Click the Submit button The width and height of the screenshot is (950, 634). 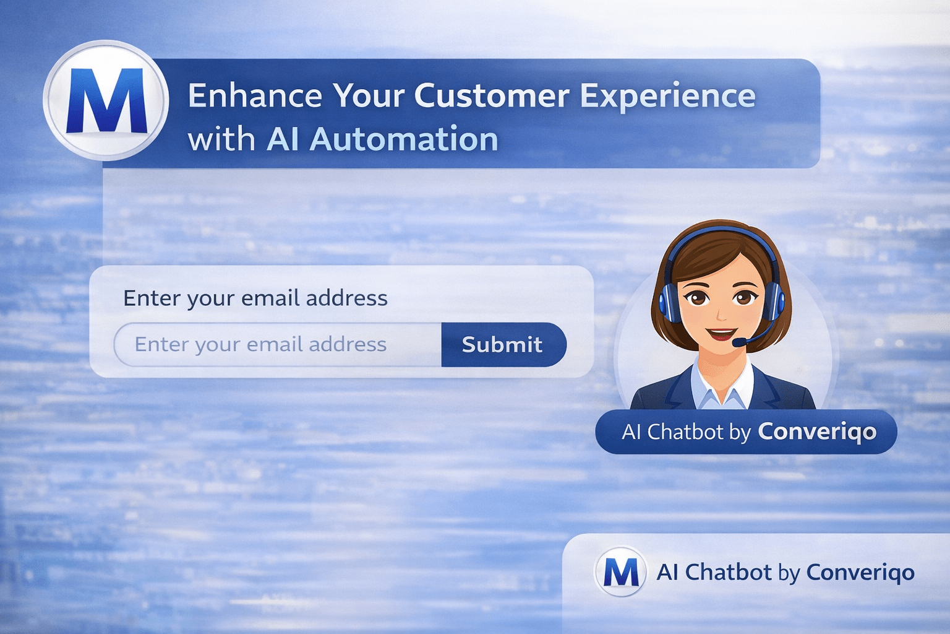coord(503,344)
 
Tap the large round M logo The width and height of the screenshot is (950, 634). coord(106,100)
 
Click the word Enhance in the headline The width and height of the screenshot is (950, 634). coord(255,96)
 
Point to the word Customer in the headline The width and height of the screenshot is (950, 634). coord(491,96)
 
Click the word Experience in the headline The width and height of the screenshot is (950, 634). coord(667,96)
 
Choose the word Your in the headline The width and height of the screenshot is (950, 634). coord(369,96)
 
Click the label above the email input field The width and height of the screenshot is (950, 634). coord(255,298)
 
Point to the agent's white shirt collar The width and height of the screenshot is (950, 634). coord(722,387)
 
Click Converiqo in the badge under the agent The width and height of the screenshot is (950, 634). coord(817,432)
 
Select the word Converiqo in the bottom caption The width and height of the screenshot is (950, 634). coord(860,572)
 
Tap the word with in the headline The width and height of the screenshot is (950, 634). coord(221,139)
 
